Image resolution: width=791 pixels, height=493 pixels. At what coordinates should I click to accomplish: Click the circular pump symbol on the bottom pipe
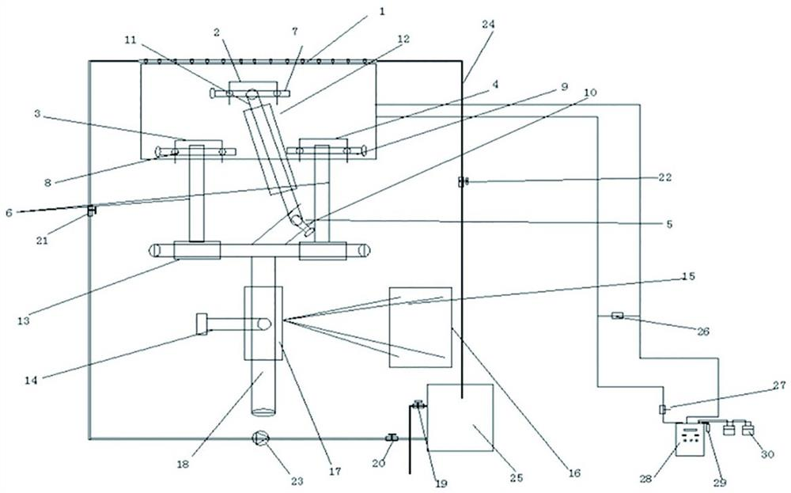pyautogui.click(x=259, y=438)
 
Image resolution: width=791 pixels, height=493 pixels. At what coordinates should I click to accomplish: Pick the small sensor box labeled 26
pyautogui.click(x=619, y=317)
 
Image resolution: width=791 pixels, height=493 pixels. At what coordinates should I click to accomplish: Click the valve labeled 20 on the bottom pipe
pyautogui.click(x=391, y=438)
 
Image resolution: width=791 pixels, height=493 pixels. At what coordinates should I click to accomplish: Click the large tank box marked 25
pyautogui.click(x=460, y=417)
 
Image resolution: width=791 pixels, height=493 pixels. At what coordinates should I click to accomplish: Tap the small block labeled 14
pyautogui.click(x=202, y=324)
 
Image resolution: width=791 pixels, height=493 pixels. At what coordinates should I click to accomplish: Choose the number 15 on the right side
pyautogui.click(x=687, y=278)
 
